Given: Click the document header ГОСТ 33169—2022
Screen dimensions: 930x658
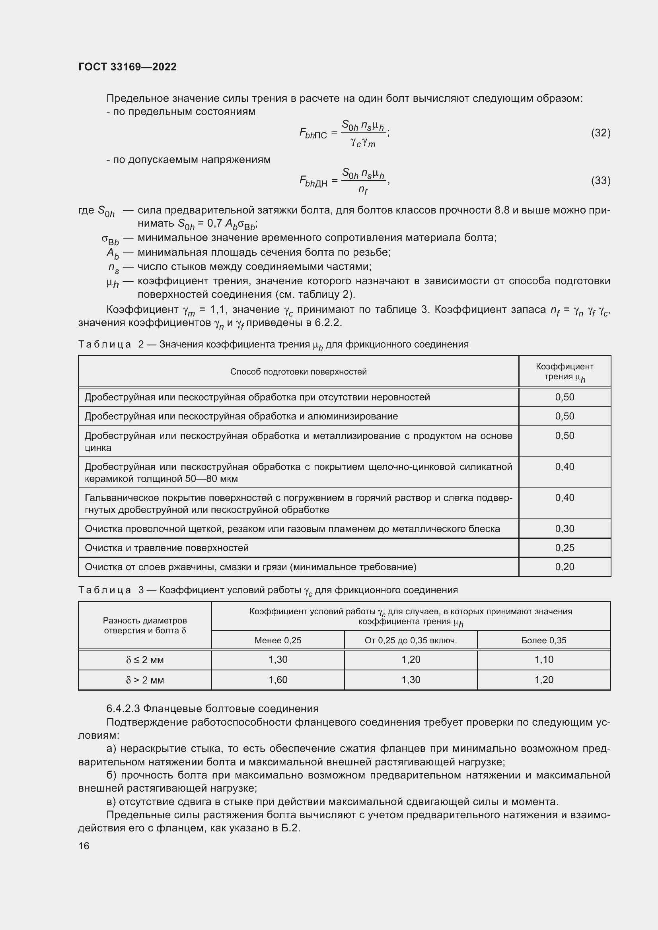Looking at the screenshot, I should (127, 67).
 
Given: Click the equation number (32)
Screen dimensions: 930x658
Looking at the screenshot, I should (600, 132).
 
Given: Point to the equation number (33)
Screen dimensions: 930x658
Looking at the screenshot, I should (600, 180).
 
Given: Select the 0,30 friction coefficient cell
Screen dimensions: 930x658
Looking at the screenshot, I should (565, 528).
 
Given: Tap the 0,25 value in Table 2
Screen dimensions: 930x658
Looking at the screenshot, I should (565, 548).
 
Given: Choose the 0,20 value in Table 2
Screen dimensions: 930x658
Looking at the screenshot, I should (565, 567).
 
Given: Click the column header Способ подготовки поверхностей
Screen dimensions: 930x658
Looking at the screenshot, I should (298, 371).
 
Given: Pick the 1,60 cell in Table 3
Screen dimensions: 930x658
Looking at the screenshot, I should (278, 680).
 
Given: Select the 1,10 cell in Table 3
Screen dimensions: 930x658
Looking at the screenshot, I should (544, 659).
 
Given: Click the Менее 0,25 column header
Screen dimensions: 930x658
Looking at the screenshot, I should (278, 641).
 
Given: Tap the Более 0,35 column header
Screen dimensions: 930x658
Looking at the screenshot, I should (544, 641).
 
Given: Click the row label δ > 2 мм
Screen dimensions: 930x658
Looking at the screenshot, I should (145, 680).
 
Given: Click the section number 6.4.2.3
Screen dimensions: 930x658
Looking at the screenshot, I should (123, 709).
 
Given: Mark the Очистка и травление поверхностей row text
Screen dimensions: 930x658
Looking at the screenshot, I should (167, 548).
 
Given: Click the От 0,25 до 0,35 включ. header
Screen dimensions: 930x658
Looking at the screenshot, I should (411, 641).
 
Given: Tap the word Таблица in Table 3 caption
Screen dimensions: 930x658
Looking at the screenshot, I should (105, 590).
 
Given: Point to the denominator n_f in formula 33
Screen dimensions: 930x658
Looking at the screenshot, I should (363, 189).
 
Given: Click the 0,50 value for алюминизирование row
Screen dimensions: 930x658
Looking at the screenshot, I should (565, 416).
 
